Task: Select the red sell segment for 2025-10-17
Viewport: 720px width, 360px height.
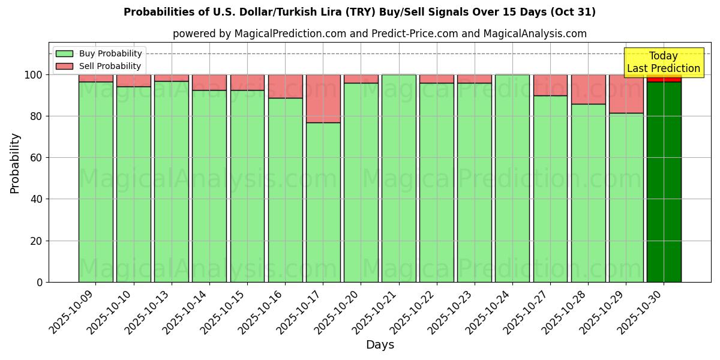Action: point(323,98)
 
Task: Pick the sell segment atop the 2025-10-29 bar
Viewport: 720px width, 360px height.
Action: point(626,94)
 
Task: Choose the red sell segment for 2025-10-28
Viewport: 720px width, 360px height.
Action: point(588,89)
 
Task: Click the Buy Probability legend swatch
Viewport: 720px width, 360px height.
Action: point(64,53)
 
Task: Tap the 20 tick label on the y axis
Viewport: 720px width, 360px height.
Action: point(37,241)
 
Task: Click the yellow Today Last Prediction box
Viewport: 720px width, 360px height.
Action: point(663,62)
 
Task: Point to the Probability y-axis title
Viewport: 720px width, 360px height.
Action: point(15,163)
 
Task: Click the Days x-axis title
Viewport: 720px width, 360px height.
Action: point(380,345)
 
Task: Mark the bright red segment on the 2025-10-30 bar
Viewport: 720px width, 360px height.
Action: point(664,78)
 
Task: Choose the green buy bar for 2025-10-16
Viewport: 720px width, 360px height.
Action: point(285,190)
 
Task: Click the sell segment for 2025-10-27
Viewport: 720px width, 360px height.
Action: point(550,85)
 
